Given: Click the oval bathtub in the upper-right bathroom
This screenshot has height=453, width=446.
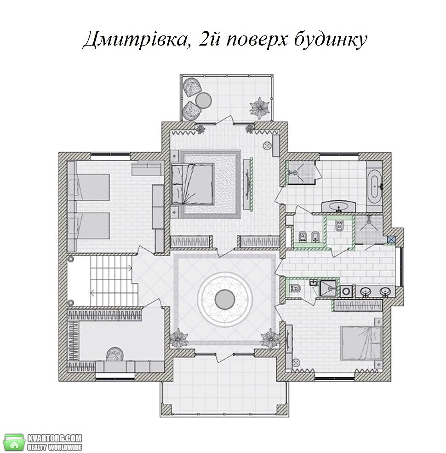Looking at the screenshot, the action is [x=375, y=183].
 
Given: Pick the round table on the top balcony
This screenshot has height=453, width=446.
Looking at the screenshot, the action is [x=204, y=100].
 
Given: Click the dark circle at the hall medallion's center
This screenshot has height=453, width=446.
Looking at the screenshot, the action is [x=225, y=299].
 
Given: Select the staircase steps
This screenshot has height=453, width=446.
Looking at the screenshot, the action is [x=111, y=280].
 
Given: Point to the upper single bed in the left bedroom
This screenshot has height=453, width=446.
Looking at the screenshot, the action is [x=90, y=187].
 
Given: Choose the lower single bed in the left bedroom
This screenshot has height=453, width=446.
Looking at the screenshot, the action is [x=90, y=226].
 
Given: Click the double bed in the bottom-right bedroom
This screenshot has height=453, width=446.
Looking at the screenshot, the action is [x=361, y=343].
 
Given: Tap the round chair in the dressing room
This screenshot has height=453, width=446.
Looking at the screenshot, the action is [x=115, y=354].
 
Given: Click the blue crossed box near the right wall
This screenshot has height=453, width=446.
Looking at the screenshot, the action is [x=391, y=239].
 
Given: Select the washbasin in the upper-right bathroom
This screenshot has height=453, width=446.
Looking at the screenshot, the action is [x=339, y=206].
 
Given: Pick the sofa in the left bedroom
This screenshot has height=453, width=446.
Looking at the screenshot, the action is [x=146, y=169].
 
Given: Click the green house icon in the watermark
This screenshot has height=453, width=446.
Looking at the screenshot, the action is [x=14, y=442].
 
